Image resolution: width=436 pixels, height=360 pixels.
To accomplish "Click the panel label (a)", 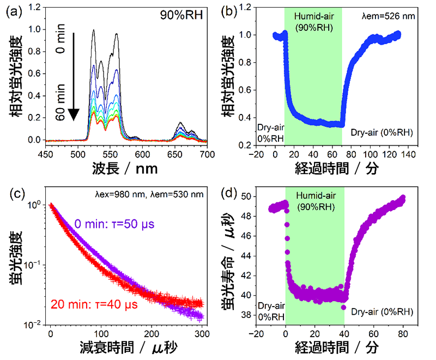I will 13,11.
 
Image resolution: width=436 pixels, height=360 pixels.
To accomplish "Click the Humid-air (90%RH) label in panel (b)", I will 313,21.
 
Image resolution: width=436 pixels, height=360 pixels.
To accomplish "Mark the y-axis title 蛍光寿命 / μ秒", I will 229,258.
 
